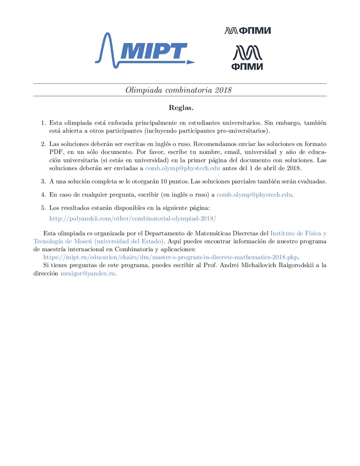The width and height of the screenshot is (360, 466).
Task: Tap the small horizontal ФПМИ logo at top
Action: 247,31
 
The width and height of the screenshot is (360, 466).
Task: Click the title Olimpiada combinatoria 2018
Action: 179,90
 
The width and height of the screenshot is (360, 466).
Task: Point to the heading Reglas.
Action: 181,108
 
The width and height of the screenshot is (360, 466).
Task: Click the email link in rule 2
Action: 183,168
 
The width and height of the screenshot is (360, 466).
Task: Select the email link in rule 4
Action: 254,195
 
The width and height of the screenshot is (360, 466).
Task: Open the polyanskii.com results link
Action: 133,218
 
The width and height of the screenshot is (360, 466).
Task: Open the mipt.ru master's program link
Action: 171,257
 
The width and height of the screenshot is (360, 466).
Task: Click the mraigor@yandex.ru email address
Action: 87,273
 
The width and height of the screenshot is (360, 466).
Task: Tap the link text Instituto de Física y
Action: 298,233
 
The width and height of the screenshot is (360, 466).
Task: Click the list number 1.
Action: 43,123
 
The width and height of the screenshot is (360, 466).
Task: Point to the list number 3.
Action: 43,181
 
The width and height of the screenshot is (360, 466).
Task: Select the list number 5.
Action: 43,208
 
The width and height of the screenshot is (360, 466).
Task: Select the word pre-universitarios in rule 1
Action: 243,131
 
